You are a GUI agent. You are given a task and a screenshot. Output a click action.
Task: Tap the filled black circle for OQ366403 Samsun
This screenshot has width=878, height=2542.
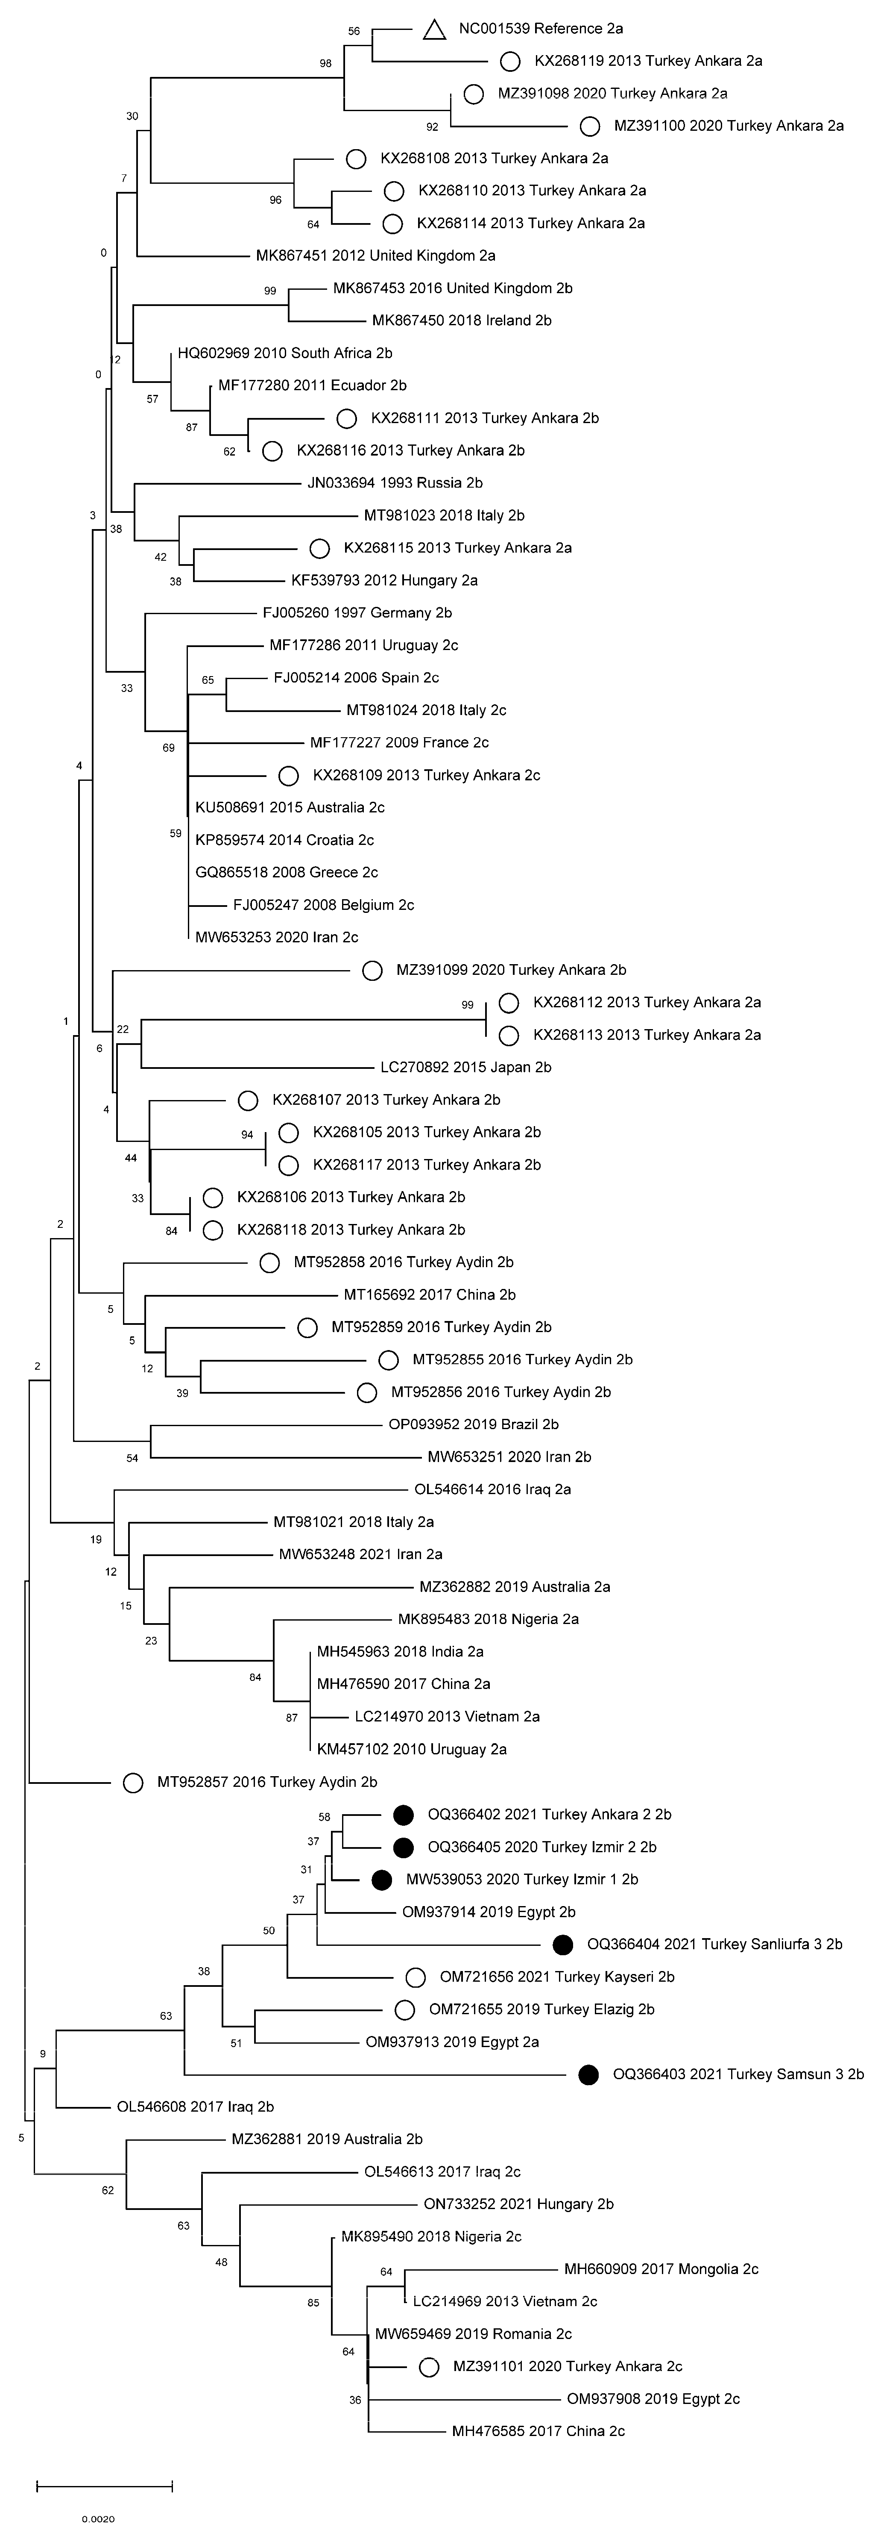pos(589,2074)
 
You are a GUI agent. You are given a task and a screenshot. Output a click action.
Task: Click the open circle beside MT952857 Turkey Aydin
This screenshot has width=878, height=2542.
pos(133,1782)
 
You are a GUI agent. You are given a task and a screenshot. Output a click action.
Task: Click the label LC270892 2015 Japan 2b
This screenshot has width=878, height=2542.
pos(465,1067)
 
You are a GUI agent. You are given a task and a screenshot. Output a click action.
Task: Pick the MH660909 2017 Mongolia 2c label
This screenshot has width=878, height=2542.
pos(661,2268)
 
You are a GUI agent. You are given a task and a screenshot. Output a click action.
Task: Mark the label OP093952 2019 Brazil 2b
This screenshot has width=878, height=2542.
pos(474,1424)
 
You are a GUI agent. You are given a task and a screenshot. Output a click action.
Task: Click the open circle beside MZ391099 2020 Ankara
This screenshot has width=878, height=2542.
pos(372,970)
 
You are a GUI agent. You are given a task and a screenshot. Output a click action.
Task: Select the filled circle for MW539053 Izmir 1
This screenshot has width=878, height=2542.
pos(382,1880)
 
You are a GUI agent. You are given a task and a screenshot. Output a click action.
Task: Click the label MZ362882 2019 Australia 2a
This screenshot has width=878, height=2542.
pos(514,1587)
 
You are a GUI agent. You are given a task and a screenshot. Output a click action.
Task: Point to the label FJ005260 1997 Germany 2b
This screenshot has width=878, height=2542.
pos(357,613)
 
